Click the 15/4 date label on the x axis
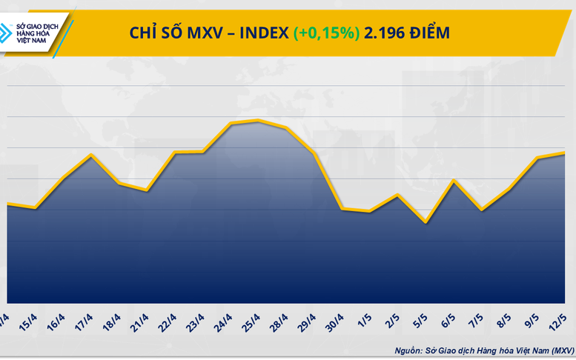click(x=28, y=323)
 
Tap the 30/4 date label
click(x=336, y=323)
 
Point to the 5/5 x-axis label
click(x=420, y=323)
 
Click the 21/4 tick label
click(x=139, y=323)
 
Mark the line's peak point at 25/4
click(x=257, y=121)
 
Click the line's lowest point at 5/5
click(x=425, y=221)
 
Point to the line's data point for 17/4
click(x=90, y=155)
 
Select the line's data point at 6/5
click(x=452, y=181)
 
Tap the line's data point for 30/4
click(x=341, y=209)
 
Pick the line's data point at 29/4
click(x=314, y=153)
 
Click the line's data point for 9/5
click(x=536, y=158)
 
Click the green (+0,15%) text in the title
click(x=326, y=33)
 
